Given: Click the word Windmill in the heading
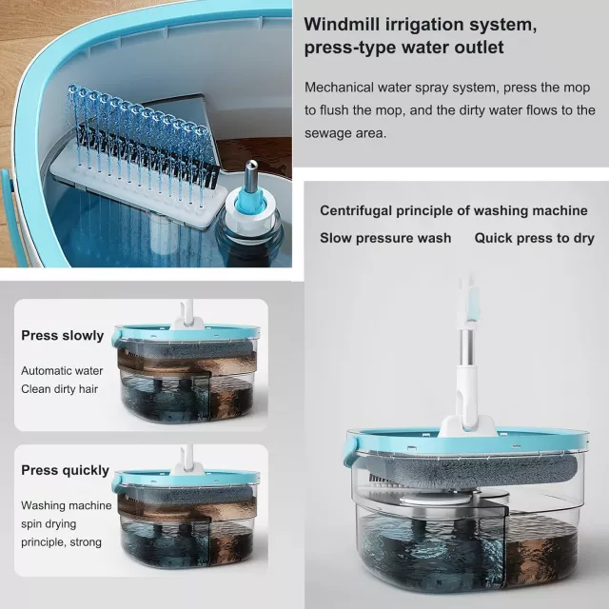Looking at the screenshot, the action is pyautogui.click(x=342, y=24).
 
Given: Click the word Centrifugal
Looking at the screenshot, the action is pyautogui.click(x=355, y=211).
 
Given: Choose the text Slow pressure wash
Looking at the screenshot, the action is pyautogui.click(x=385, y=238).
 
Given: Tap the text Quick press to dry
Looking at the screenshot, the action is pyautogui.click(x=534, y=238).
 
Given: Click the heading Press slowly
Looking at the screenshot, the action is pyautogui.click(x=63, y=336).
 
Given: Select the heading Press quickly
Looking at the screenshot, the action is pyautogui.click(x=65, y=470).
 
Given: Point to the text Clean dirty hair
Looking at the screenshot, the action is pyautogui.click(x=59, y=389).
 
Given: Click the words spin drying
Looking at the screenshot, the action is pyautogui.click(x=49, y=524).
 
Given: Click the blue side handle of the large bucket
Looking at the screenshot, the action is pyautogui.click(x=351, y=450).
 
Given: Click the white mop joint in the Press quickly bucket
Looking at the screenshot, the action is pyautogui.click(x=187, y=467).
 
